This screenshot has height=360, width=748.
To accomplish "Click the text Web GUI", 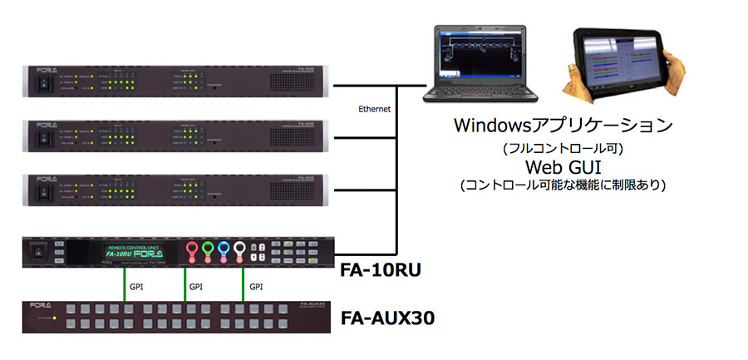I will point(563,167).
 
